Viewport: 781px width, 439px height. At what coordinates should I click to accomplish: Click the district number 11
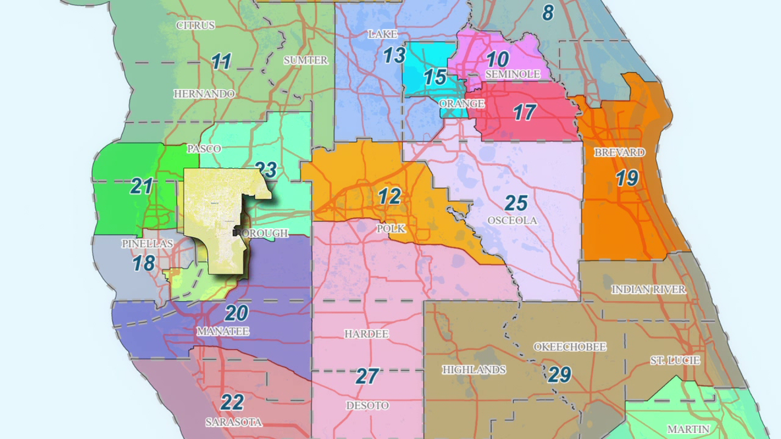(222, 62)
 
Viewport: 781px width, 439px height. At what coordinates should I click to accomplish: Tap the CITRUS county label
(195, 26)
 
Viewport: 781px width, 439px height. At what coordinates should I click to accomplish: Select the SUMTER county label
(305, 60)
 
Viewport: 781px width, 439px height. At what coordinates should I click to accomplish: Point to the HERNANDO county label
(204, 94)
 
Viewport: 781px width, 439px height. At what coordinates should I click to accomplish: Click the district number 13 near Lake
(394, 56)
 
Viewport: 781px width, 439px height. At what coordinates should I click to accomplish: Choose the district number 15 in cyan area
(435, 77)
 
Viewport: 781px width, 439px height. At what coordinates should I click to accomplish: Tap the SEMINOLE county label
(513, 74)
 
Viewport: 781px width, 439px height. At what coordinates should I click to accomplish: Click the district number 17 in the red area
(524, 113)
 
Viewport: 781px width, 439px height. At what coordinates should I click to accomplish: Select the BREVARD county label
(619, 152)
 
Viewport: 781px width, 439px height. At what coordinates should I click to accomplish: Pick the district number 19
(627, 178)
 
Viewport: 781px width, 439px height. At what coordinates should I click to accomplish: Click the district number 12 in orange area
(389, 196)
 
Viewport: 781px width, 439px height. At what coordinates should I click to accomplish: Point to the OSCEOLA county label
(512, 220)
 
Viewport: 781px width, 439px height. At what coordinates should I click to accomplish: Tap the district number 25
(516, 202)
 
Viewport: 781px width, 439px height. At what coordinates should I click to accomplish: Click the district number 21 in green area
(141, 187)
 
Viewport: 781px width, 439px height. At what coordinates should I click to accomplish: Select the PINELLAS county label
(147, 244)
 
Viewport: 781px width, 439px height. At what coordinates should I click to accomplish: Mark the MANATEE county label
(223, 332)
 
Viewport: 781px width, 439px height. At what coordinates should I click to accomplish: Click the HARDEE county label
(366, 334)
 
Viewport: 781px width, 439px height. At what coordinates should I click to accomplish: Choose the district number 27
(367, 376)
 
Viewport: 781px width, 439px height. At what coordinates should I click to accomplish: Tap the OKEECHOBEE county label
(569, 347)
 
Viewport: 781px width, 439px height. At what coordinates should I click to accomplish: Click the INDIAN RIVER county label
(648, 289)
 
